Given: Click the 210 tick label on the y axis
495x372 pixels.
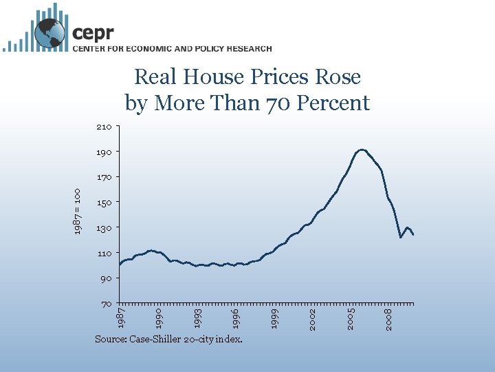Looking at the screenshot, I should [104, 127].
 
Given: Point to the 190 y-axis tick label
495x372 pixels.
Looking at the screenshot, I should [104, 152].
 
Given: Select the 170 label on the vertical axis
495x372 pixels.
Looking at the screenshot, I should [104, 177].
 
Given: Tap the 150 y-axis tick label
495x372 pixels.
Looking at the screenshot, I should [104, 203].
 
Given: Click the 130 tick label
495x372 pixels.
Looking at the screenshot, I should [104, 228].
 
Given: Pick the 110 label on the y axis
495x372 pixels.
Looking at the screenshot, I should [104, 254].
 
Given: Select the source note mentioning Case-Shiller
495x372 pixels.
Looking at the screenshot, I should [168, 339].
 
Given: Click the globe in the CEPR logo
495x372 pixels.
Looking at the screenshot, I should [49, 34].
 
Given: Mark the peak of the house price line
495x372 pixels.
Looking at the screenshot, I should [362, 149].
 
